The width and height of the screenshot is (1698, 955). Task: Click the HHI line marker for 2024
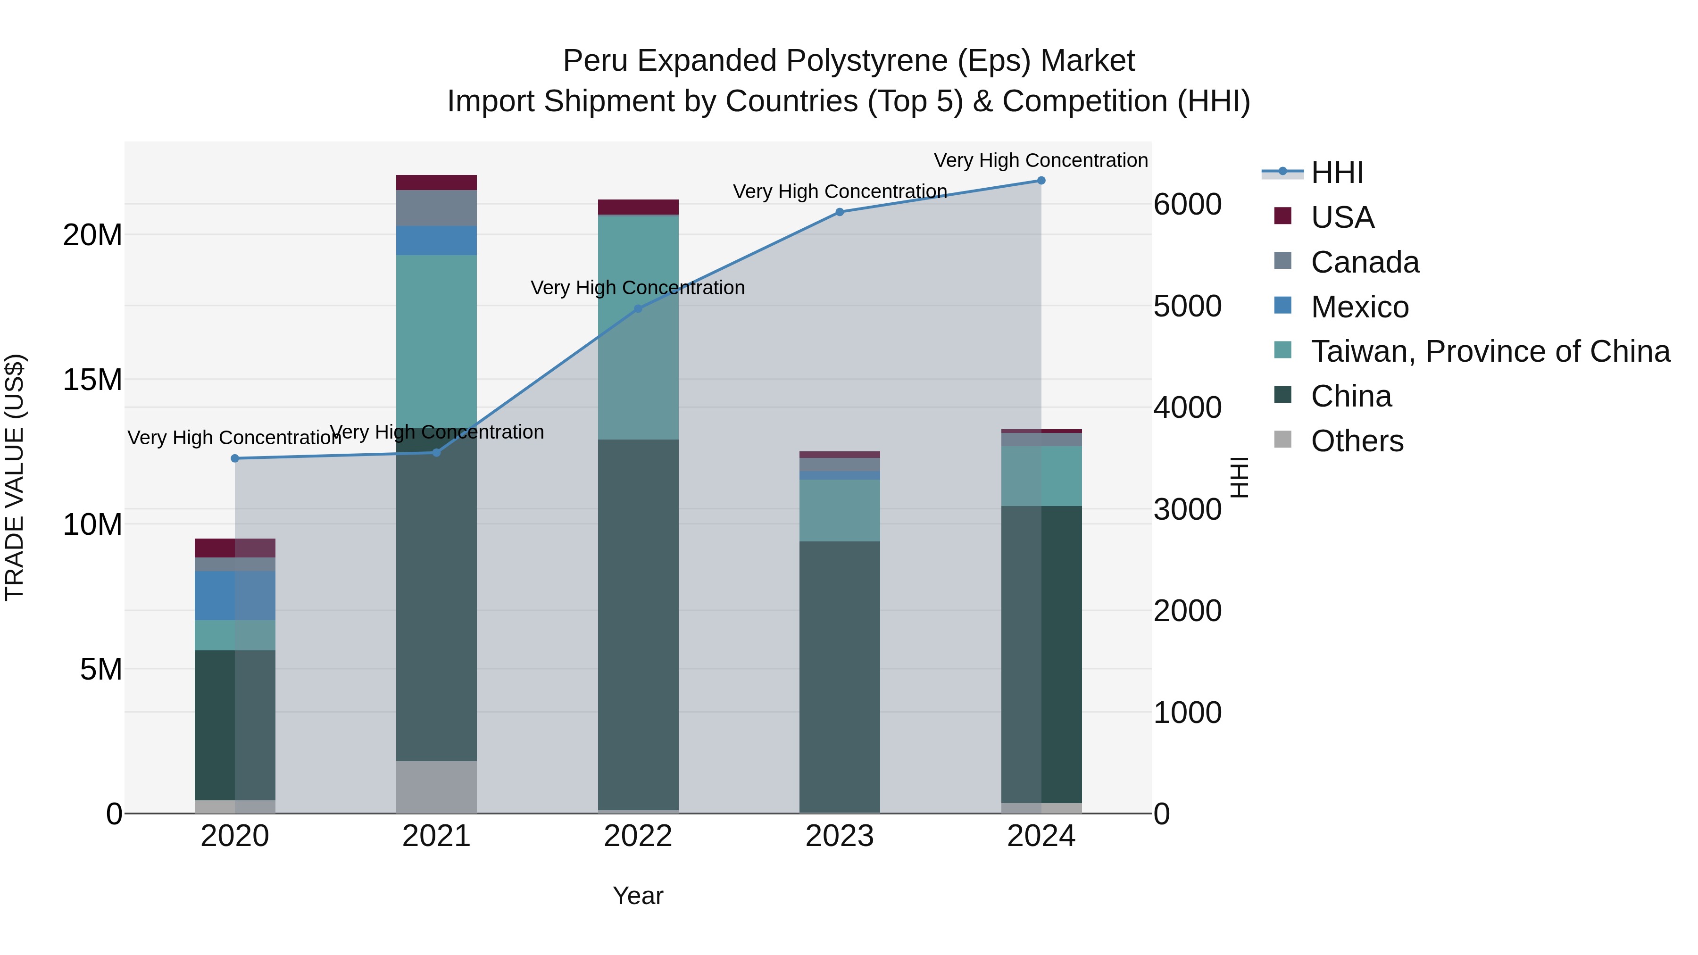click(1041, 181)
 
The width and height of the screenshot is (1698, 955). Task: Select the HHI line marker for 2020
click(235, 459)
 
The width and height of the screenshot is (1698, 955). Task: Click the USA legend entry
click(1342, 217)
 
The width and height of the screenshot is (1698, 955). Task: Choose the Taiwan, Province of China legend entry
click(1490, 351)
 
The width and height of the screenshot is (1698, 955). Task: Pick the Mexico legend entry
click(1359, 307)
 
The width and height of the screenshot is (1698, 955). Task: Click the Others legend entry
click(1357, 441)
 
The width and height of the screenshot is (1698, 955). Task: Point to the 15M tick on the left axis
click(92, 380)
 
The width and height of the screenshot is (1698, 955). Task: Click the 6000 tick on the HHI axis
click(1187, 204)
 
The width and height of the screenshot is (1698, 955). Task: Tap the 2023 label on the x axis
click(839, 836)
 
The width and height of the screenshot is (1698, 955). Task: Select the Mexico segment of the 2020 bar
click(235, 596)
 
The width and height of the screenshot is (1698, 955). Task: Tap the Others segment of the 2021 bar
click(436, 787)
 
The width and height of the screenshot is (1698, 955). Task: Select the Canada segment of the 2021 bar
click(436, 208)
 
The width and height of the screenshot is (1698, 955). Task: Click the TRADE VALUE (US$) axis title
click(15, 477)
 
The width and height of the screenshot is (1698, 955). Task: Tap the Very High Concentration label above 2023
click(839, 192)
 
